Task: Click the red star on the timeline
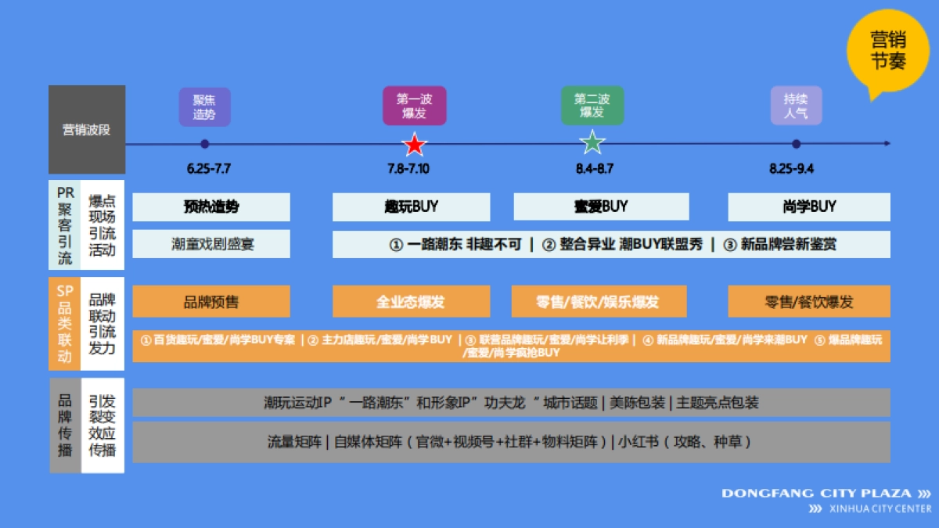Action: point(414,145)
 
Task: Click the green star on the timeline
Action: point(592,143)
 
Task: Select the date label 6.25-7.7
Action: point(209,169)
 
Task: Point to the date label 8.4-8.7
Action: point(594,169)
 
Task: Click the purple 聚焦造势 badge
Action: point(204,106)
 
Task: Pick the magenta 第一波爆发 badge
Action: point(414,106)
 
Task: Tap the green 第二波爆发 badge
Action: point(592,106)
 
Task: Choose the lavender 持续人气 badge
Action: point(796,106)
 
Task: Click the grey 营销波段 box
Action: point(87,130)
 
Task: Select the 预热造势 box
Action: point(211,207)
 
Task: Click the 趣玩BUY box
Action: point(412,207)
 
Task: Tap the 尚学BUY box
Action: point(809,207)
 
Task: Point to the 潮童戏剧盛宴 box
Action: point(211,244)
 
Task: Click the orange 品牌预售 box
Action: point(211,302)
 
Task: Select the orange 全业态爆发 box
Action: point(412,302)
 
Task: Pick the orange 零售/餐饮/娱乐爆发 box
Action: point(599,302)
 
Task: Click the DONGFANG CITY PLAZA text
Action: point(816,494)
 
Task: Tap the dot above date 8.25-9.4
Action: point(796,144)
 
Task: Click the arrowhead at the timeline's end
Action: point(887,144)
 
